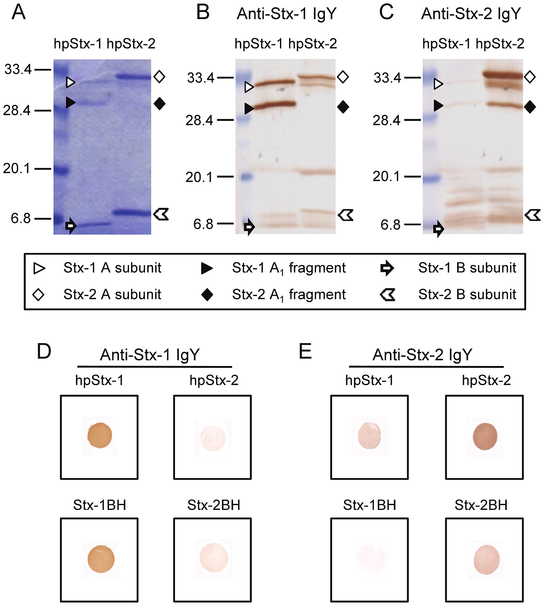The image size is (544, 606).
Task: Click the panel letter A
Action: tap(18, 13)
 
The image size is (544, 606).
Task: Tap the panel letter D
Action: tap(44, 351)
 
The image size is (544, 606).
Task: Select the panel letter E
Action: tap(305, 351)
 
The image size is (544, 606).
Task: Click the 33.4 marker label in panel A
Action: tap(18, 69)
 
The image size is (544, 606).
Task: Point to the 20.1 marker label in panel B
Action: tap(199, 177)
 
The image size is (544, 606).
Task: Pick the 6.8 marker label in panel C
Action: tap(391, 225)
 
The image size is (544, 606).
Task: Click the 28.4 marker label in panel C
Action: tap(386, 120)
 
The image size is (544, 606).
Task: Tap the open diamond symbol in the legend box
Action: tap(39, 294)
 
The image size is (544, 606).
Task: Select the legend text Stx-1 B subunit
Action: tap(467, 268)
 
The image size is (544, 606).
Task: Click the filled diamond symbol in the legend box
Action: tap(207, 295)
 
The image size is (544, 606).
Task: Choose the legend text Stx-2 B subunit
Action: tap(467, 294)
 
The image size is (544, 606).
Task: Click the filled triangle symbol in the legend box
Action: tap(207, 268)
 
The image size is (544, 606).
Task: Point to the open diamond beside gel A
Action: tap(159, 77)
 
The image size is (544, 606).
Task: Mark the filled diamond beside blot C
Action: tap(530, 107)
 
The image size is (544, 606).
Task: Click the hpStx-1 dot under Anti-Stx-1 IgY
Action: tap(100, 435)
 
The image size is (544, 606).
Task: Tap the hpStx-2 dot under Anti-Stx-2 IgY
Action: tap(485, 436)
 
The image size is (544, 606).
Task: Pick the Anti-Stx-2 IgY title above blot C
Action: tap(471, 14)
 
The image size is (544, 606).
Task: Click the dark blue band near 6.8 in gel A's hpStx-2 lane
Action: tap(132, 212)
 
